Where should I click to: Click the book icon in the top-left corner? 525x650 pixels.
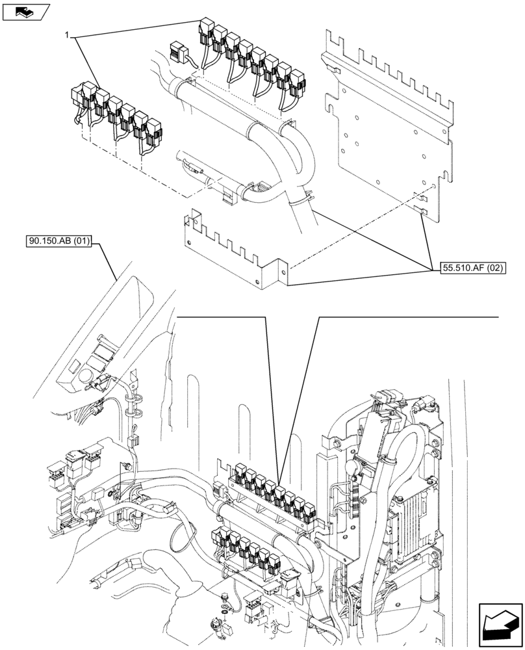(25, 11)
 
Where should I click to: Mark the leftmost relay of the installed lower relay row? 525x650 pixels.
(217, 539)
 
